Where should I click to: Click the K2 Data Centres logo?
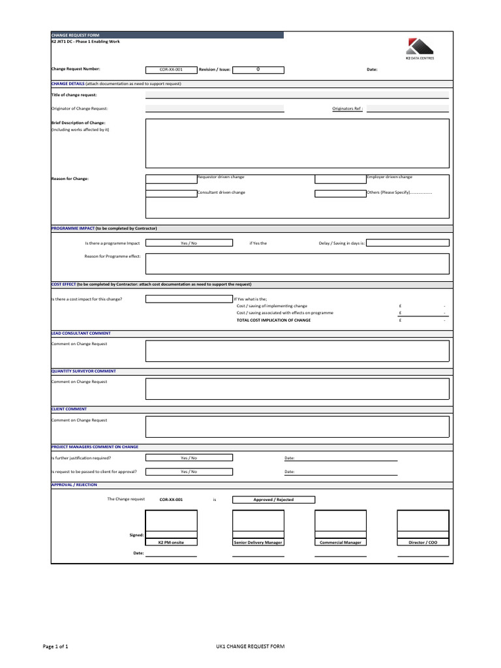419,49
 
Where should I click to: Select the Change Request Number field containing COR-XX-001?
171,68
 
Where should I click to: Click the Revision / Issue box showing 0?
258,68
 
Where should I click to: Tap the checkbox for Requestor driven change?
171,178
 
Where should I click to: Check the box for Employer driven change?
341,178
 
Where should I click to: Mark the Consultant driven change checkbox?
171,193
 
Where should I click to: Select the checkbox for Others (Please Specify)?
341,193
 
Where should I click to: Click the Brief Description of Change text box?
297,144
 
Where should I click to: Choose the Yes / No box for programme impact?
189,243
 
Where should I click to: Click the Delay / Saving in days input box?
408,243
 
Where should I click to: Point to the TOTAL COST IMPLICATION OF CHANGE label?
273,320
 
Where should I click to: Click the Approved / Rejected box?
273,500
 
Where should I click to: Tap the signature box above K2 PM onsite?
171,521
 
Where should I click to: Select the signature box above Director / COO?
423,521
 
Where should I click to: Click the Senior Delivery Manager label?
258,542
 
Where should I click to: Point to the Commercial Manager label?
341,542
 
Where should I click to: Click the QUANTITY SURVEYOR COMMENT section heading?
83,371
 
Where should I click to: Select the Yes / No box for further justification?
189,458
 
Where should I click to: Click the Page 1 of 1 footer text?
55,646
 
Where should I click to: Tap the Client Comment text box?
297,427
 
